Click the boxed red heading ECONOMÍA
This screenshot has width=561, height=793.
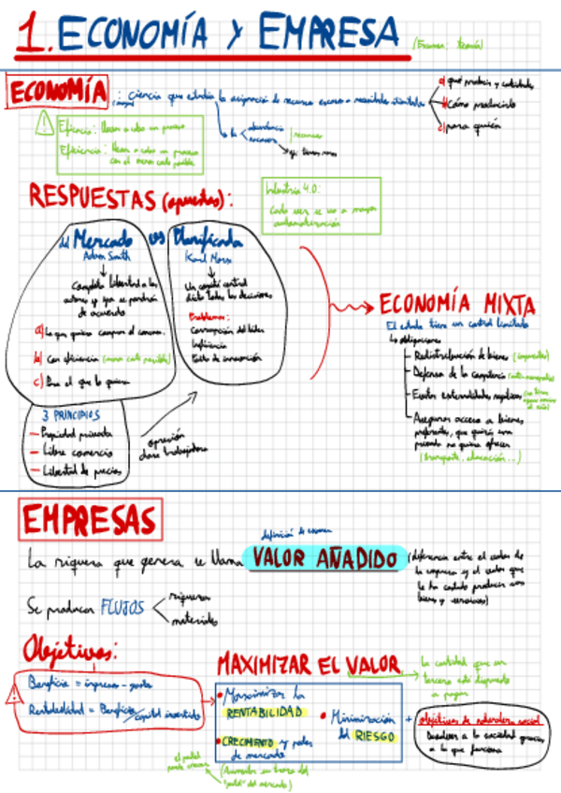click(x=57, y=93)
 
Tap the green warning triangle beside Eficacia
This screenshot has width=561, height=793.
click(x=43, y=124)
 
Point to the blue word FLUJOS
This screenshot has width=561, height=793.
click(x=123, y=607)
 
